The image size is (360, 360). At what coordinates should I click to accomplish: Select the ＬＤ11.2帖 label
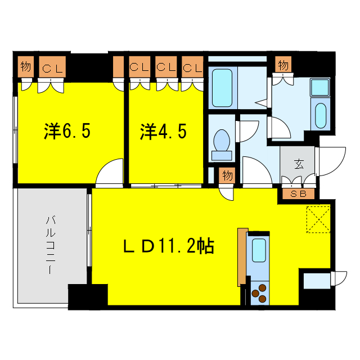tap(168, 246)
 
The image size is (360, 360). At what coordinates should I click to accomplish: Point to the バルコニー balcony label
tap(49, 244)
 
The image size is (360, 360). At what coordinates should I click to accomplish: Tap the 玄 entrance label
tap(298, 165)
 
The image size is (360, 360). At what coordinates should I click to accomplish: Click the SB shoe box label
tap(298, 194)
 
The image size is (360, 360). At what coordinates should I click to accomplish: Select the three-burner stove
tap(260, 293)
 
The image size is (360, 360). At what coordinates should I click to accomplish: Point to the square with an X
tap(318, 219)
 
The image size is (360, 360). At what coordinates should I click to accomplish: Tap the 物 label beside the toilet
tap(227, 175)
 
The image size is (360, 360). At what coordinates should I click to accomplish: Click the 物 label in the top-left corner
tap(25, 66)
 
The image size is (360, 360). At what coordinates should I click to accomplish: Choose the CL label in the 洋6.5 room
tap(53, 69)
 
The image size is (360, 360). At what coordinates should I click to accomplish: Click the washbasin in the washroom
tap(320, 115)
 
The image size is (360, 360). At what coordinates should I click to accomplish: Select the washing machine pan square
tap(320, 87)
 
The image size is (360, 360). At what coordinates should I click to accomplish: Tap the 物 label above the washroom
tap(283, 66)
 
